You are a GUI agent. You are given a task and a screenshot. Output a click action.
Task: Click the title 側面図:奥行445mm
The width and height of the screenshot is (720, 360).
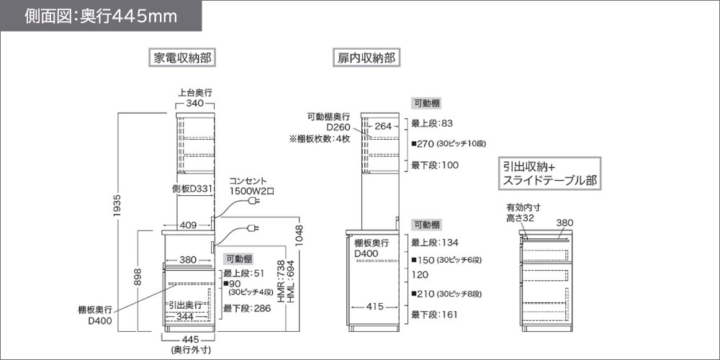pos(101,16)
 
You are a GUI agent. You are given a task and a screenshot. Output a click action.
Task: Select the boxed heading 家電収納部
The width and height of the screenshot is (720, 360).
pos(182,58)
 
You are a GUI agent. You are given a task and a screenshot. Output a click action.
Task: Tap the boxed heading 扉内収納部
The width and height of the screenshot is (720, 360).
pos(366,58)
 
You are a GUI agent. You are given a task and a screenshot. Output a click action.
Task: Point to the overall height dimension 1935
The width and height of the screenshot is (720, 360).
pos(118,206)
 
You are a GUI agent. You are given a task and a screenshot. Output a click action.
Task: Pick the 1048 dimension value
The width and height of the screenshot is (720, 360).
pos(300,236)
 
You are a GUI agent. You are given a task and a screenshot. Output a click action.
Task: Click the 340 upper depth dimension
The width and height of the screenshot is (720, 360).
pos(194,104)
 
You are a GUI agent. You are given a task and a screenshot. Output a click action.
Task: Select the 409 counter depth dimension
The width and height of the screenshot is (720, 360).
pos(188,225)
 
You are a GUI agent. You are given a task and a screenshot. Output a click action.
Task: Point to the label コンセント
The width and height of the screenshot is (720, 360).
pos(248,181)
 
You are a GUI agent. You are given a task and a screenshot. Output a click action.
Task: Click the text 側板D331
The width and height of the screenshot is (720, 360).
pos(192,189)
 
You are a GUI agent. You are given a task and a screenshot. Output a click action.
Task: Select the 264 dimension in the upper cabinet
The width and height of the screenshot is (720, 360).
pos(384,125)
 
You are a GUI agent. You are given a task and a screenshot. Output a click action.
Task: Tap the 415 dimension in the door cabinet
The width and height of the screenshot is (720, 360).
pos(374,306)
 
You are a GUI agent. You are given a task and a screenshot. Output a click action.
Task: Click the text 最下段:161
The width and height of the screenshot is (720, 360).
pos(434,315)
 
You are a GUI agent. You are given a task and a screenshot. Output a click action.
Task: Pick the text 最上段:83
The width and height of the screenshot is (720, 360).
pos(432,123)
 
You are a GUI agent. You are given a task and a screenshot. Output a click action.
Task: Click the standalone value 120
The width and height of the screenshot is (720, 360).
pos(420,275)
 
